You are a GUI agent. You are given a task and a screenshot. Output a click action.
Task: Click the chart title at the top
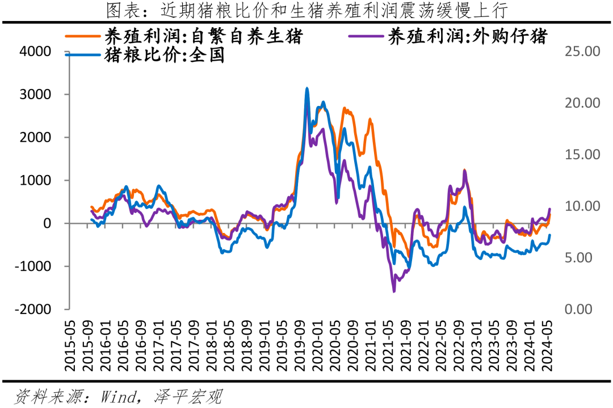[x=306, y=10]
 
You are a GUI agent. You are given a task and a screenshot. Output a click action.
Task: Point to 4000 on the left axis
[x=35, y=52]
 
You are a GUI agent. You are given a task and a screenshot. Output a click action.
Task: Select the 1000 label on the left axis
[x=35, y=180]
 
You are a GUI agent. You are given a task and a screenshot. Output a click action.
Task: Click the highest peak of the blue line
[x=307, y=88]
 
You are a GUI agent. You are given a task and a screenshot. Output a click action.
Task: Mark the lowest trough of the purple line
[x=394, y=291]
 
